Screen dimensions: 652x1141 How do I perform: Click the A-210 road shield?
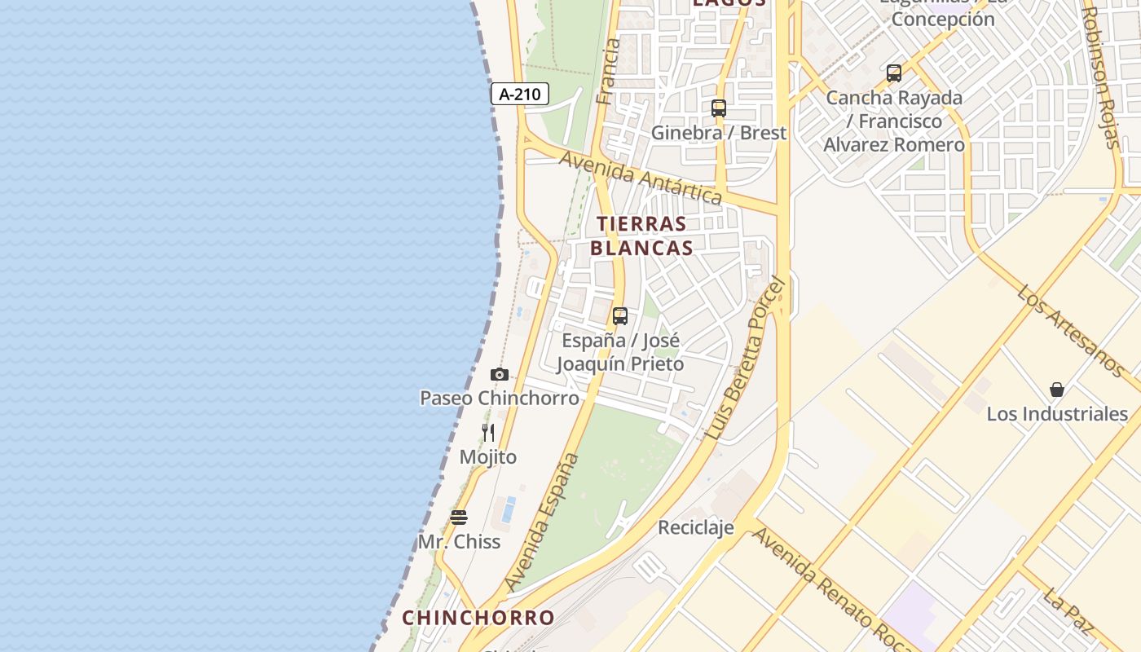pyautogui.click(x=520, y=95)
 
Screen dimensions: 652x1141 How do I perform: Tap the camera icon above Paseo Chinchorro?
pyautogui.click(x=500, y=375)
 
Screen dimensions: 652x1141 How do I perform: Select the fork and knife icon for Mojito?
pyautogui.click(x=488, y=433)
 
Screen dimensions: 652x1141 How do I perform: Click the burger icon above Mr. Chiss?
pyautogui.click(x=459, y=518)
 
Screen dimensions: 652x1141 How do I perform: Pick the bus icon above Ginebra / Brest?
pyautogui.click(x=719, y=108)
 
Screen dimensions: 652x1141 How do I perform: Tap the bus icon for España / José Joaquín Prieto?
pyautogui.click(x=620, y=316)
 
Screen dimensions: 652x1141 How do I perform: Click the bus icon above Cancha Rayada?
pyautogui.click(x=894, y=73)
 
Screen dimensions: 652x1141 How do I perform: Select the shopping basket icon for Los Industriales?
pyautogui.click(x=1057, y=390)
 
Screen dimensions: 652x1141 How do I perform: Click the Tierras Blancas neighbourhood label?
pyautogui.click(x=641, y=236)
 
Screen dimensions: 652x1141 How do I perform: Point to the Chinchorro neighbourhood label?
pyautogui.click(x=478, y=618)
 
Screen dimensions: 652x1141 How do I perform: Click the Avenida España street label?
pyautogui.click(x=542, y=522)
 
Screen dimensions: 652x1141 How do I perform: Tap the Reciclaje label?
pyautogui.click(x=696, y=528)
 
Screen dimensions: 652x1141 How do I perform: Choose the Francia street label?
pyautogui.click(x=608, y=72)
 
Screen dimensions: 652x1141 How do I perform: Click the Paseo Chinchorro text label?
pyautogui.click(x=500, y=399)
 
